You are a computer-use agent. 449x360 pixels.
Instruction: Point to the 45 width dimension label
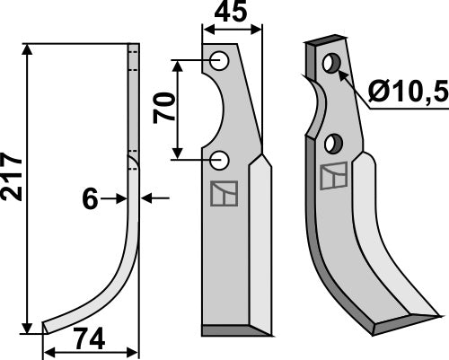coord(233,14)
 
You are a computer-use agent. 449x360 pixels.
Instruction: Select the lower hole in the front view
coord(220,161)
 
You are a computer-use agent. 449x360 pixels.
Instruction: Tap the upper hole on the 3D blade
coord(331,64)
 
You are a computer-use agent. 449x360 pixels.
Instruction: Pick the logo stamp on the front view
coord(220,193)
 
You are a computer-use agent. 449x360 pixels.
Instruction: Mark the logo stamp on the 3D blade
coord(333,179)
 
